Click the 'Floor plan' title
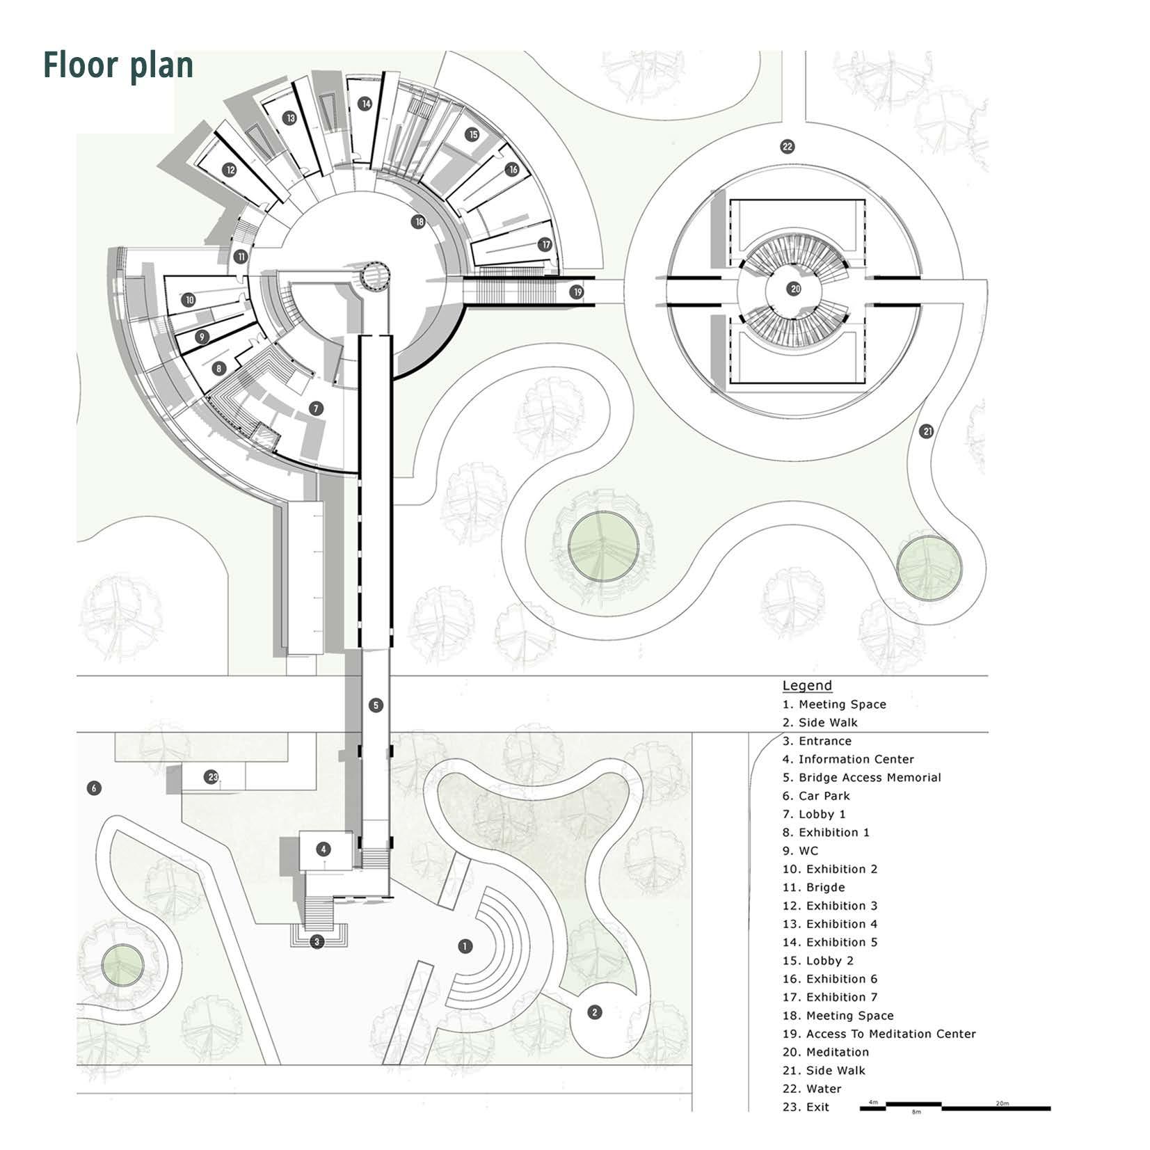[x=118, y=65]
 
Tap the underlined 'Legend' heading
[x=806, y=685]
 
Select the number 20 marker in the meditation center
[x=794, y=289]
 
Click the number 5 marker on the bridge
[x=376, y=705]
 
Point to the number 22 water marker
[x=787, y=147]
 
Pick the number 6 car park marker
[x=94, y=788]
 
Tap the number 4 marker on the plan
[x=323, y=849]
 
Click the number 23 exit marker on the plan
[x=213, y=777]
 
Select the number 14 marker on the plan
[x=365, y=104]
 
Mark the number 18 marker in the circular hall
[x=418, y=222]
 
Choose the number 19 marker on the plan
[x=577, y=292]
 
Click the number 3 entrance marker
[x=317, y=942]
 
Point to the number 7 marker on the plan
[x=317, y=408]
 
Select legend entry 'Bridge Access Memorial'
[x=861, y=778]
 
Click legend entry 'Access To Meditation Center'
[x=879, y=1034]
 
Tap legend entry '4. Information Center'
[x=847, y=759]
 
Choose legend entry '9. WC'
[x=800, y=851]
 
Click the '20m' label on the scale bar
[x=1001, y=1103]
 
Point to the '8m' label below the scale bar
[x=916, y=1113]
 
